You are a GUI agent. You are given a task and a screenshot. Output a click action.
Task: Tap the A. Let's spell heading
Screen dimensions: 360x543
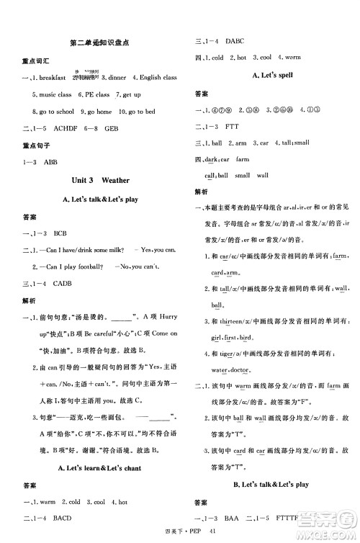point(267,76)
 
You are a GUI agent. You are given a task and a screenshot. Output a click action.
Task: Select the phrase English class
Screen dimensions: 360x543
point(159,78)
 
